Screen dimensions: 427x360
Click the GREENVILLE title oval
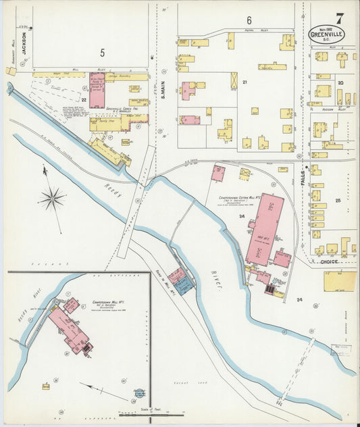click(x=326, y=34)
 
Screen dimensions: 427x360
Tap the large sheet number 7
click(x=338, y=18)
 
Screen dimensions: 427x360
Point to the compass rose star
click(x=52, y=199)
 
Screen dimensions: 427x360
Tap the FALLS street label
click(x=303, y=177)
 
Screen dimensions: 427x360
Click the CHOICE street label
click(x=329, y=261)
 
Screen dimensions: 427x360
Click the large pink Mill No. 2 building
click(x=263, y=228)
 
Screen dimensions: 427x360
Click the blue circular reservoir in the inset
click(x=138, y=395)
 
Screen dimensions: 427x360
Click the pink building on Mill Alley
click(x=97, y=91)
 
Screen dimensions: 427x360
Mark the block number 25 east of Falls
click(x=337, y=201)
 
